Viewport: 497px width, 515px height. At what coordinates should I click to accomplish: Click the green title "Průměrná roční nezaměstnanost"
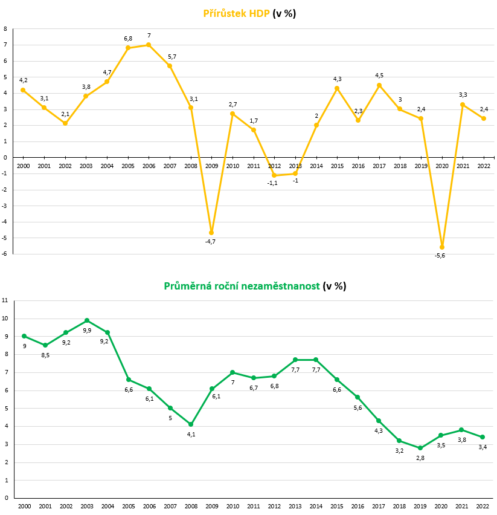[242, 286]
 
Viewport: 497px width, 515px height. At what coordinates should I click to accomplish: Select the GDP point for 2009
[211, 233]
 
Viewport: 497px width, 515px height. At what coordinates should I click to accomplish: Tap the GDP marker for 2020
[442, 247]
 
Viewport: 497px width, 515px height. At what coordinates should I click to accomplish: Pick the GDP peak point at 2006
[149, 45]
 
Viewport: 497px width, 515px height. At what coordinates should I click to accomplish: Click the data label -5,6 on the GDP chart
[440, 256]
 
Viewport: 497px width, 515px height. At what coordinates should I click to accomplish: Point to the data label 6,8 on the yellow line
[128, 39]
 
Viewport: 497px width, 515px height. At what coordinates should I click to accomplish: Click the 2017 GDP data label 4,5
[379, 76]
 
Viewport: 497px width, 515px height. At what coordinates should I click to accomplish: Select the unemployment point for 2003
[87, 320]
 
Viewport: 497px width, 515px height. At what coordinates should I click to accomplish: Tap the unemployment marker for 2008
[191, 424]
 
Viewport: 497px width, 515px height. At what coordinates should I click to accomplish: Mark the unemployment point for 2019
[420, 448]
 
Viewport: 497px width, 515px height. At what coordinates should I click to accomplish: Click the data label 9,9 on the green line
[87, 330]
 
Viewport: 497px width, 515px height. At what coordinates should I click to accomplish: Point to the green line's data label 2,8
[420, 458]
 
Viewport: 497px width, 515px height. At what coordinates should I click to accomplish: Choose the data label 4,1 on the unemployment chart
[191, 434]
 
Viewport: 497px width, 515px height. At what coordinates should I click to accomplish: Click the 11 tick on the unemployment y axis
[5, 300]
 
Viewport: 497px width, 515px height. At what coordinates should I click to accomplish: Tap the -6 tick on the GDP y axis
[5, 254]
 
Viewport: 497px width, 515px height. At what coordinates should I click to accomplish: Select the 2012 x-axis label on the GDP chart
[274, 166]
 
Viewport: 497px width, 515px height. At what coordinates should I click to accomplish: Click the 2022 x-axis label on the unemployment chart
[483, 506]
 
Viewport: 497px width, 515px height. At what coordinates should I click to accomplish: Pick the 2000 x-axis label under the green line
[24, 506]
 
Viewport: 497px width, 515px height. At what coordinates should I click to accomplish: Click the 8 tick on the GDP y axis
[5, 29]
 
